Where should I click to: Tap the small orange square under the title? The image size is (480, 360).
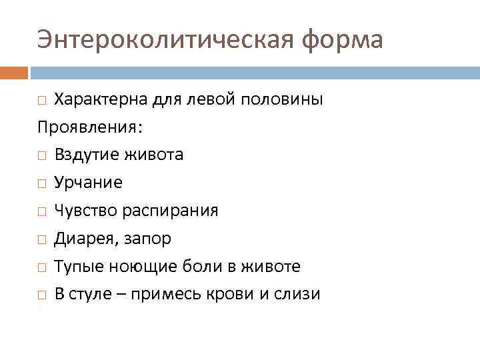click(x=13, y=72)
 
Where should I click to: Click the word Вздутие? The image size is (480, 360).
click(x=84, y=155)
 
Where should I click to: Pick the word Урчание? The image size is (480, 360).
click(x=89, y=183)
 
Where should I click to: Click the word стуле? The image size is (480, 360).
click(x=92, y=295)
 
